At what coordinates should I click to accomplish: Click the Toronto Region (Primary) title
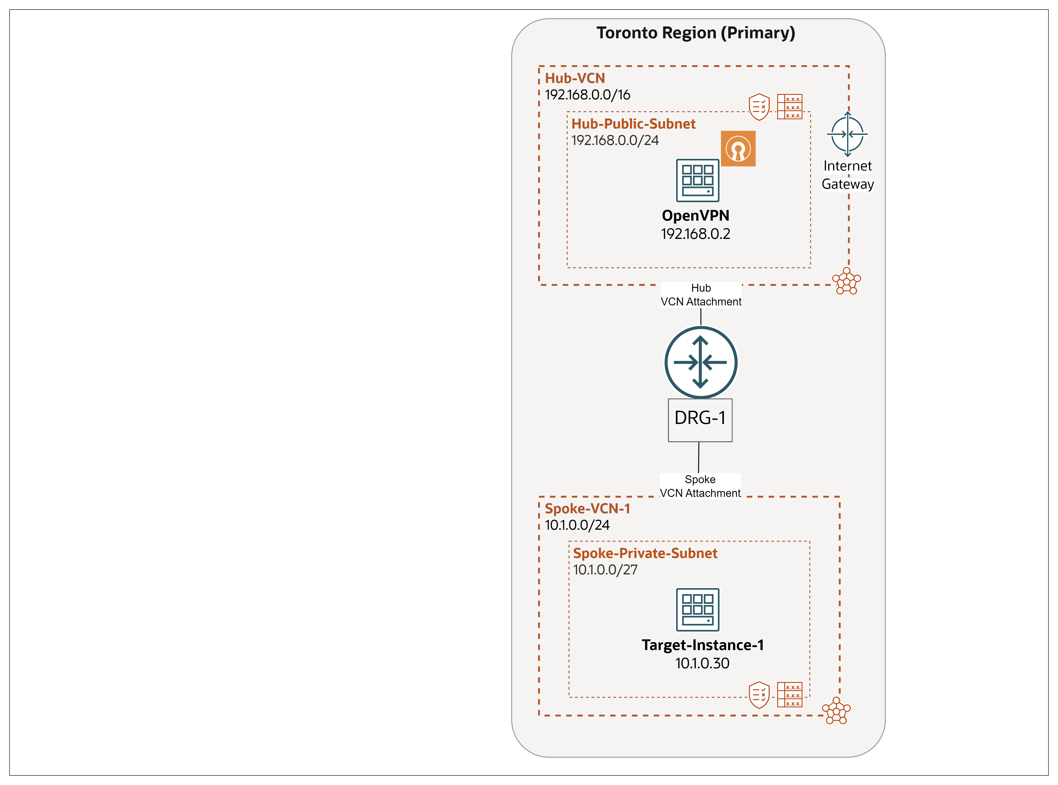tap(696, 33)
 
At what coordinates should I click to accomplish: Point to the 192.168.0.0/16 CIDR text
tap(587, 95)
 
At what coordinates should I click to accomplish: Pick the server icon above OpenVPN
tap(698, 181)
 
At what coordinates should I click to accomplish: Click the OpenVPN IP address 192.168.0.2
tap(696, 234)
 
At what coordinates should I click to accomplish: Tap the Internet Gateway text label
tap(848, 175)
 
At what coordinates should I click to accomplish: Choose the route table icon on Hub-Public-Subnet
tap(790, 106)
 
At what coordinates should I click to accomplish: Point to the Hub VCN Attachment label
tap(701, 295)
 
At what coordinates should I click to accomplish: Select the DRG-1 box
tap(700, 420)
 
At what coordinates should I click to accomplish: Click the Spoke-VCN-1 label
tap(587, 509)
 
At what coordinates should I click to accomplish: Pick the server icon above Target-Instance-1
tap(698, 610)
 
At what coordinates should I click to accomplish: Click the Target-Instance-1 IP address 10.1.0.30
tap(702, 663)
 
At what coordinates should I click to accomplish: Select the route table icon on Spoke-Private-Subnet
tap(790, 695)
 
